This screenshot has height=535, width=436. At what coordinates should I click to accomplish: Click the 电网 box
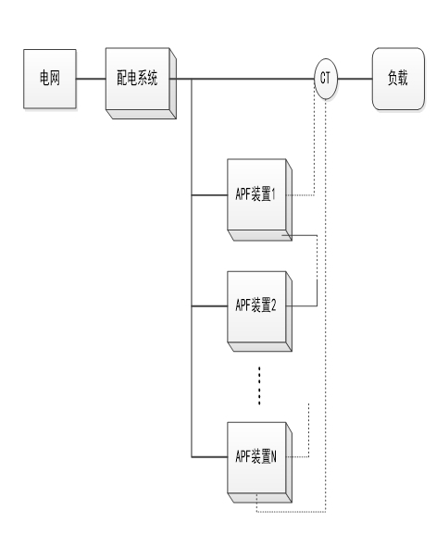point(50,79)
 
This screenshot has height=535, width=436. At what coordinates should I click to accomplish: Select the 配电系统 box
point(141,83)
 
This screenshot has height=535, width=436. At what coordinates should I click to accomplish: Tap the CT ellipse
point(326,79)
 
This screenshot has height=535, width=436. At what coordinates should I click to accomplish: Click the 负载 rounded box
point(398,79)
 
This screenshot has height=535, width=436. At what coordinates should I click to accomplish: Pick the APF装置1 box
point(259,200)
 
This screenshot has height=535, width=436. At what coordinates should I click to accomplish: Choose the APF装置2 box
point(259,312)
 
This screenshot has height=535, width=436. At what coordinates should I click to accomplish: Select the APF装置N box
point(259,463)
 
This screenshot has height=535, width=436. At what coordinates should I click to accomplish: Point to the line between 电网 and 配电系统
point(91,79)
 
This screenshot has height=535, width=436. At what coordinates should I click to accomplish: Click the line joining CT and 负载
point(355,79)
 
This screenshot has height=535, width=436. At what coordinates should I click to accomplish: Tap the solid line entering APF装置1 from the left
point(209,195)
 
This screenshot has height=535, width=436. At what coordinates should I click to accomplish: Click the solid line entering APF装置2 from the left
point(209,306)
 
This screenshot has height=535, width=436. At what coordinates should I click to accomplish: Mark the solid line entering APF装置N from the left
point(209,456)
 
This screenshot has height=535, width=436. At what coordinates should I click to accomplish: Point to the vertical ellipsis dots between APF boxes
point(259,386)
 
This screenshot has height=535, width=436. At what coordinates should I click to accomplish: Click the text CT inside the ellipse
point(325,78)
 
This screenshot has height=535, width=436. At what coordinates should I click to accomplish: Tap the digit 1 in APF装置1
point(273,194)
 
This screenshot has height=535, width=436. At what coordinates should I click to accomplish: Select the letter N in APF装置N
point(273,456)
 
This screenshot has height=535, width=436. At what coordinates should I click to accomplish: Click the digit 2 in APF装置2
point(273,305)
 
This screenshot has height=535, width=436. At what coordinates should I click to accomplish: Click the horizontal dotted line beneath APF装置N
point(291,512)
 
